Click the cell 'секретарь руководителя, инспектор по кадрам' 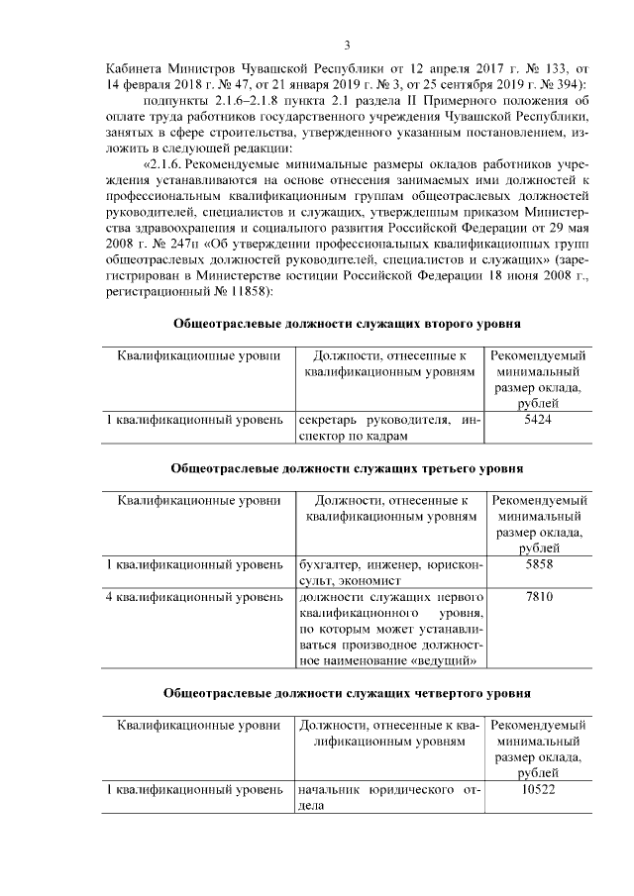pyautogui.click(x=389, y=429)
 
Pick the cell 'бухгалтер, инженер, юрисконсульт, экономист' pyautogui.click(x=389, y=572)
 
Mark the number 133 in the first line pyautogui.click(x=546, y=69)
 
